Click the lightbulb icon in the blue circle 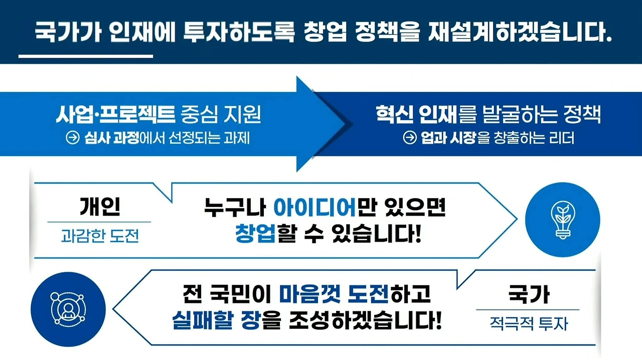[562, 219]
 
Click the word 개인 [99, 206]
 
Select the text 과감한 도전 [99, 235]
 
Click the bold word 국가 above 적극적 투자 [528, 294]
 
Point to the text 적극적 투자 [528, 323]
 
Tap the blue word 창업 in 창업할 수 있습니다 [255, 234]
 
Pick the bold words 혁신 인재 [416, 116]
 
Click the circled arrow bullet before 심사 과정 [73, 138]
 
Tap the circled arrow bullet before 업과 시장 [410, 138]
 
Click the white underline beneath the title [85, 56]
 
